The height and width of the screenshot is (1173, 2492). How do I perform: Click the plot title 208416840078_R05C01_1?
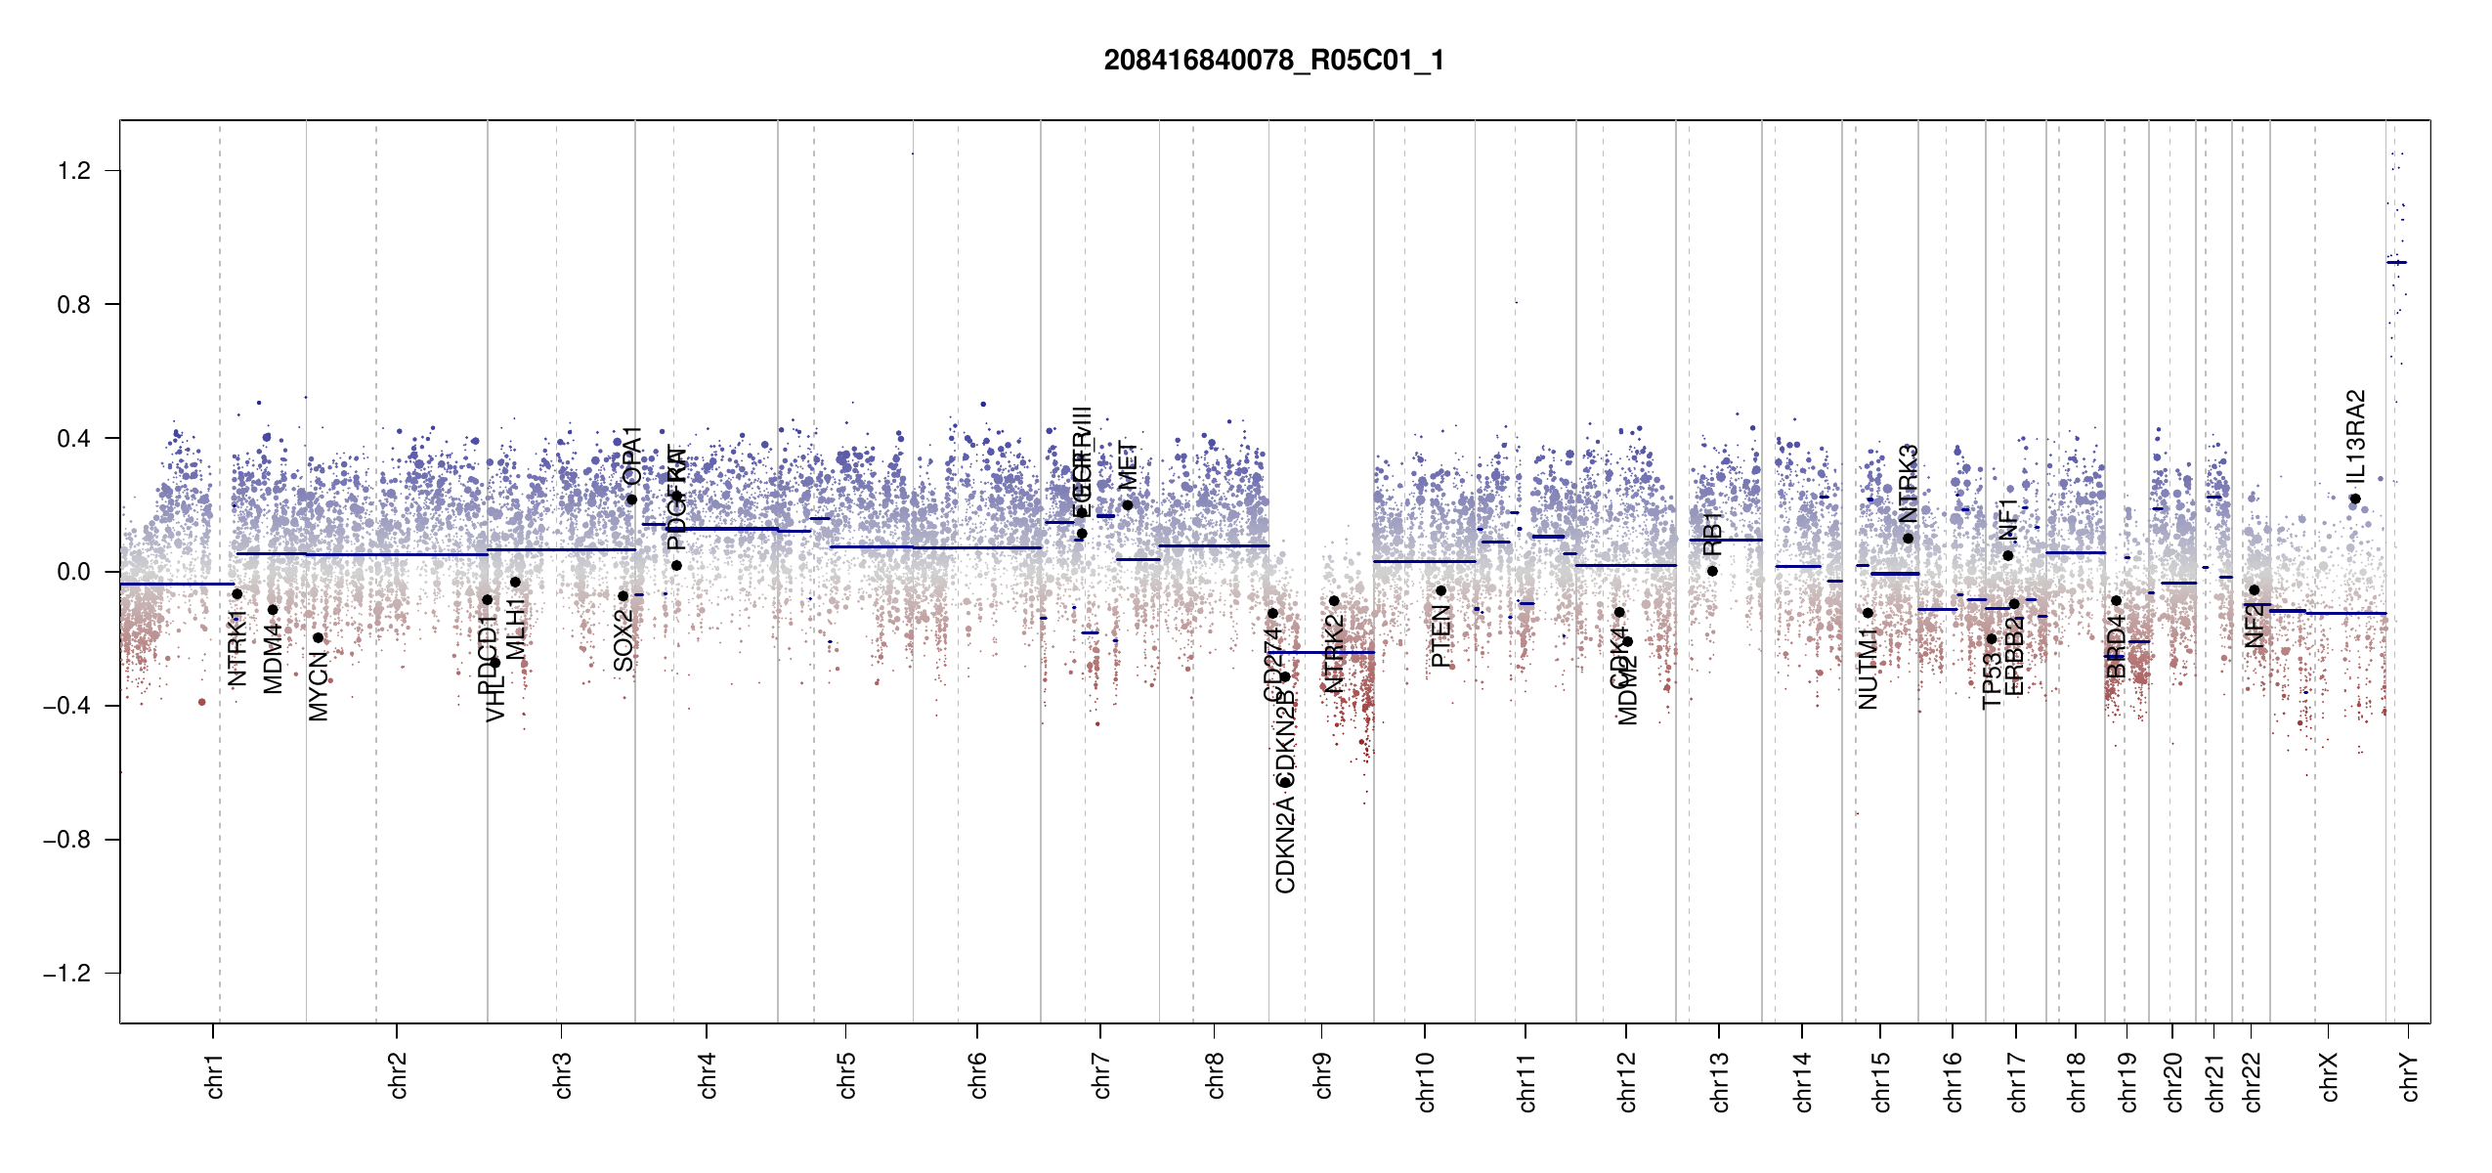[1273, 61]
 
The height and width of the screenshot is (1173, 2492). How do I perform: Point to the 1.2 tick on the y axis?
[73, 171]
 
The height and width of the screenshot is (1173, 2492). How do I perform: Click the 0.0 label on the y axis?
[73, 572]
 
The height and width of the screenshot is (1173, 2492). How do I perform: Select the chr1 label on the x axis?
[215, 1075]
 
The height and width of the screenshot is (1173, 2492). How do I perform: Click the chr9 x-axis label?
[1322, 1075]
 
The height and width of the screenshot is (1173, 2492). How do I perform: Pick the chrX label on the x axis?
[2329, 1076]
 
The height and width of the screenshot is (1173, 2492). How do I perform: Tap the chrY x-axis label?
[2410, 1076]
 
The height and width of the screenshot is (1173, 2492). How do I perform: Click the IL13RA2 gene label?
[2355, 436]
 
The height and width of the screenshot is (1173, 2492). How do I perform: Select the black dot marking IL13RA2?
[2355, 500]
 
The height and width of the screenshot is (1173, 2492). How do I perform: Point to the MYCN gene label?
[319, 686]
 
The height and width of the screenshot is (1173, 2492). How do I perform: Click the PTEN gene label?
[1440, 635]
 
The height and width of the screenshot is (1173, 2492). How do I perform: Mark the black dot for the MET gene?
[1128, 505]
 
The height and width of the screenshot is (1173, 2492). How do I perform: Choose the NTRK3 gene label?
[1909, 483]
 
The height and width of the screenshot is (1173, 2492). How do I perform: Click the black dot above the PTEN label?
[1440, 590]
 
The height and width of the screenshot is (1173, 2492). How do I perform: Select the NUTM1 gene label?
[1868, 669]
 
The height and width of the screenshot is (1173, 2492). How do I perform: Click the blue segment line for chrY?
[2396, 262]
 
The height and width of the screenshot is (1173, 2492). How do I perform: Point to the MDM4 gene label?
[273, 659]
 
